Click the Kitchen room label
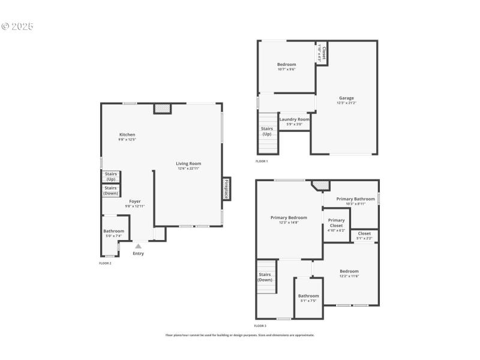127,135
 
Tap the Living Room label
188,164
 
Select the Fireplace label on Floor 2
226,189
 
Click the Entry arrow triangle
139,245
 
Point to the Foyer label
135,202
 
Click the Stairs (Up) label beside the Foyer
111,176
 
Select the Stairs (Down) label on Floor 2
111,190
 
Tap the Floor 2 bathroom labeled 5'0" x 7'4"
113,231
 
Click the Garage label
346,98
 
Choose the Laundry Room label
294,119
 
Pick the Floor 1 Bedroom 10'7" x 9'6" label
286,65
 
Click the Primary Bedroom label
289,218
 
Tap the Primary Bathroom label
355,199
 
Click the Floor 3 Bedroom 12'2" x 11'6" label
349,271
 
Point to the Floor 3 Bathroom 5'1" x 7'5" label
308,296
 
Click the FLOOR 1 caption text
262,161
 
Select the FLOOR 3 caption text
260,326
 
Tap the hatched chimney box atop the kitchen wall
162,109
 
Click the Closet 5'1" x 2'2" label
364,233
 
